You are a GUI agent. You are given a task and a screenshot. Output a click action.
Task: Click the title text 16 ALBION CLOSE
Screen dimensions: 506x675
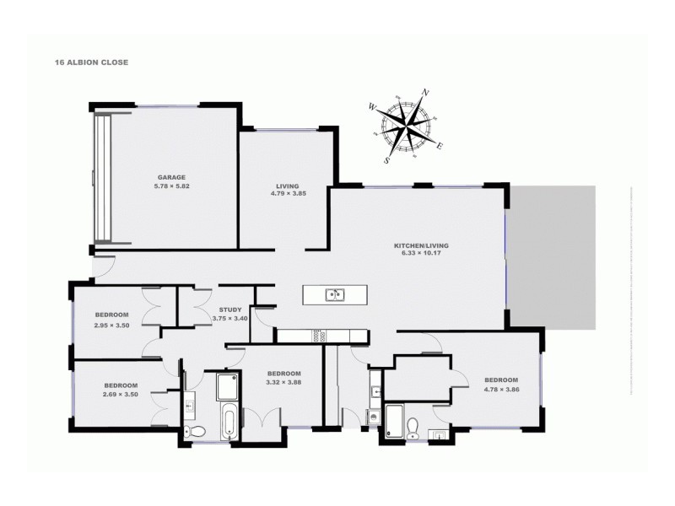(92, 62)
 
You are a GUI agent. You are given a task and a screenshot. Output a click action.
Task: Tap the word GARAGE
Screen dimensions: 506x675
(170, 178)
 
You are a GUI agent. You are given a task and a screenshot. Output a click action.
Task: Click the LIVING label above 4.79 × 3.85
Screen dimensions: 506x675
(287, 186)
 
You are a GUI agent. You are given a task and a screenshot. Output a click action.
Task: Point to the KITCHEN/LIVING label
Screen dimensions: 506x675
(421, 245)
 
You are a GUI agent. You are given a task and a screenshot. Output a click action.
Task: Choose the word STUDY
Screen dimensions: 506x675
(230, 310)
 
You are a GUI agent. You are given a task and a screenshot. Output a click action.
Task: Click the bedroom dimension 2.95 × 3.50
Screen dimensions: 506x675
(111, 325)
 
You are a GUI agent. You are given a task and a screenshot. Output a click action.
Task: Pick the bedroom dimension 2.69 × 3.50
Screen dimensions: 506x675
(120, 395)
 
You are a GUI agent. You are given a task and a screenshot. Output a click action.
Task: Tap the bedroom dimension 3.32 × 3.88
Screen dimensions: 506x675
(283, 382)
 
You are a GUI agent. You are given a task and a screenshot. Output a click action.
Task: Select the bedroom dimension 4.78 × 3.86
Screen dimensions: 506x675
(501, 390)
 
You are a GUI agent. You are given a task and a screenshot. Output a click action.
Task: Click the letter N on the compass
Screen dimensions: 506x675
(426, 93)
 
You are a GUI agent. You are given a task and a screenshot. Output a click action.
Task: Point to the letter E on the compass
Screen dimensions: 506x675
(440, 145)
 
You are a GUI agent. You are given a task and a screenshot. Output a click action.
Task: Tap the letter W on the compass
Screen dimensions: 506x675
(372, 107)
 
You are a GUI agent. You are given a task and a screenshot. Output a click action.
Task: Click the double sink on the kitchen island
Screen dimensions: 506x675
(335, 294)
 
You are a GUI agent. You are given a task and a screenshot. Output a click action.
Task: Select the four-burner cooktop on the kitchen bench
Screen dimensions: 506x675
(318, 336)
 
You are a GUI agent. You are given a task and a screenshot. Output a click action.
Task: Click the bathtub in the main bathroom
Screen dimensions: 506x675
(229, 420)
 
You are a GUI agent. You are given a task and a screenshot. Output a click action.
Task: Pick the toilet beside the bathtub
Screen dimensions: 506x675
(196, 431)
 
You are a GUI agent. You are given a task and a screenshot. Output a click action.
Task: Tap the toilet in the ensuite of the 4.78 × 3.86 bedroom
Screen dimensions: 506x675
(411, 427)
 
